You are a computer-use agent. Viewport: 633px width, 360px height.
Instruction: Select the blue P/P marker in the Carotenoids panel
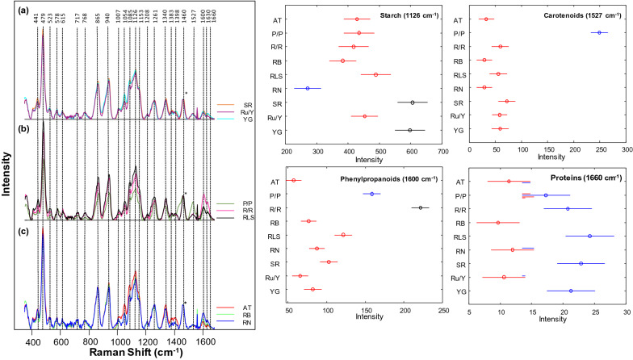(x=599, y=33)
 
